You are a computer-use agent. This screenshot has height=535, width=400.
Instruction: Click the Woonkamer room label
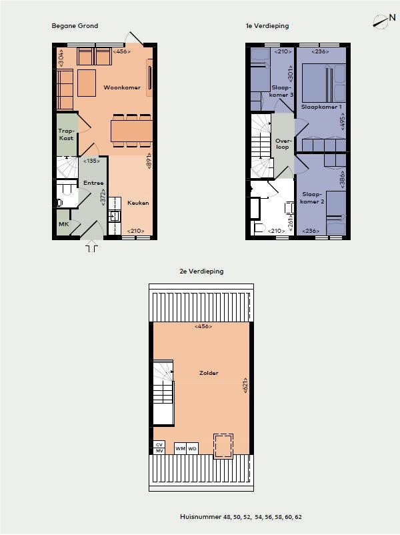122,87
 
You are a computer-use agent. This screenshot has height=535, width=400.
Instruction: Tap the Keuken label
138,203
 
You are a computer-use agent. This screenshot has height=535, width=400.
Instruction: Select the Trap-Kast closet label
66,135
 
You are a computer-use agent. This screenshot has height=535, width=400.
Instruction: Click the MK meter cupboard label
64,224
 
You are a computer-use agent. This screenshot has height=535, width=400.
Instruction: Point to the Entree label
93,183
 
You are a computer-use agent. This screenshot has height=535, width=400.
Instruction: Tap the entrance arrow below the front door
92,246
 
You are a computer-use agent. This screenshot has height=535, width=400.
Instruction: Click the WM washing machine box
180,448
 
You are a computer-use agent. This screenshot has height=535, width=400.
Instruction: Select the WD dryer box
192,448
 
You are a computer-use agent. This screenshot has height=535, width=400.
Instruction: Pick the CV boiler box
159,444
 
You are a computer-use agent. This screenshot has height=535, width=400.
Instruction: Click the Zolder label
209,373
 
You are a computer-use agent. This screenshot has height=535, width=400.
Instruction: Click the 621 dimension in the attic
245,386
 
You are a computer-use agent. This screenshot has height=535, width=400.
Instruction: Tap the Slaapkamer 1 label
321,107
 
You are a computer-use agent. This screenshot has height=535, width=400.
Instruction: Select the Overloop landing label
283,143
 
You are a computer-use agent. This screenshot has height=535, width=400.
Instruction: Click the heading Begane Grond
75,26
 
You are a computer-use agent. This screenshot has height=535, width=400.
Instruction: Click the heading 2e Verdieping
201,272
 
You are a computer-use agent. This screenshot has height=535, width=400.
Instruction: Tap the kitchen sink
114,216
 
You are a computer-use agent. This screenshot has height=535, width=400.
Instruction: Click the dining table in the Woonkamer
131,130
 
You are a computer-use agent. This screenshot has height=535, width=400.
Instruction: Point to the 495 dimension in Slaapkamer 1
343,121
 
